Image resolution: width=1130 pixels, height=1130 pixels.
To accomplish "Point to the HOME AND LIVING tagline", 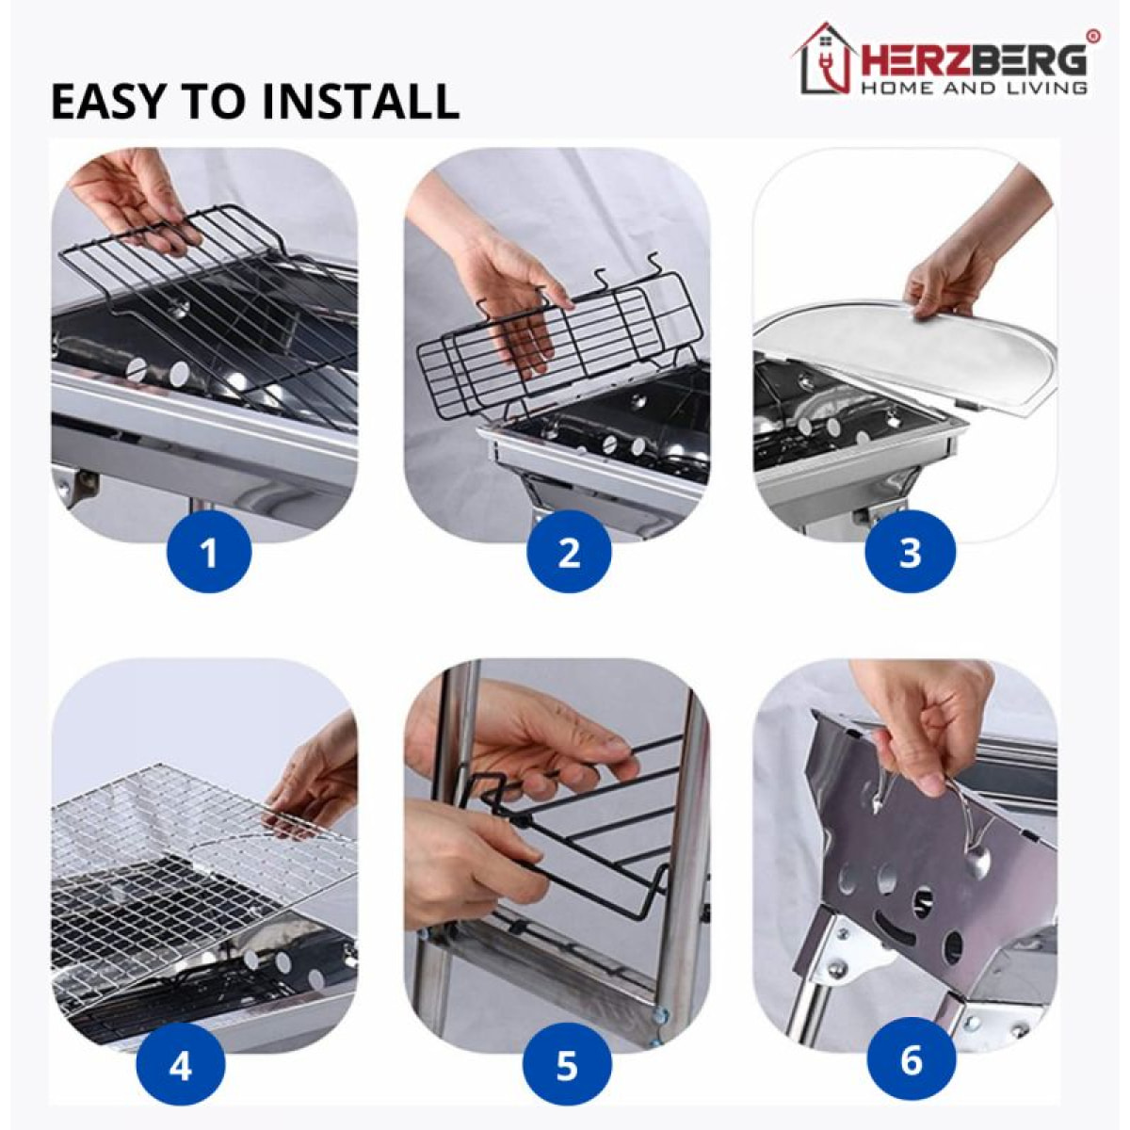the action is pos(974,89).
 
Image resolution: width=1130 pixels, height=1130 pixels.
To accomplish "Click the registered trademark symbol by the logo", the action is pos(1093,36).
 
